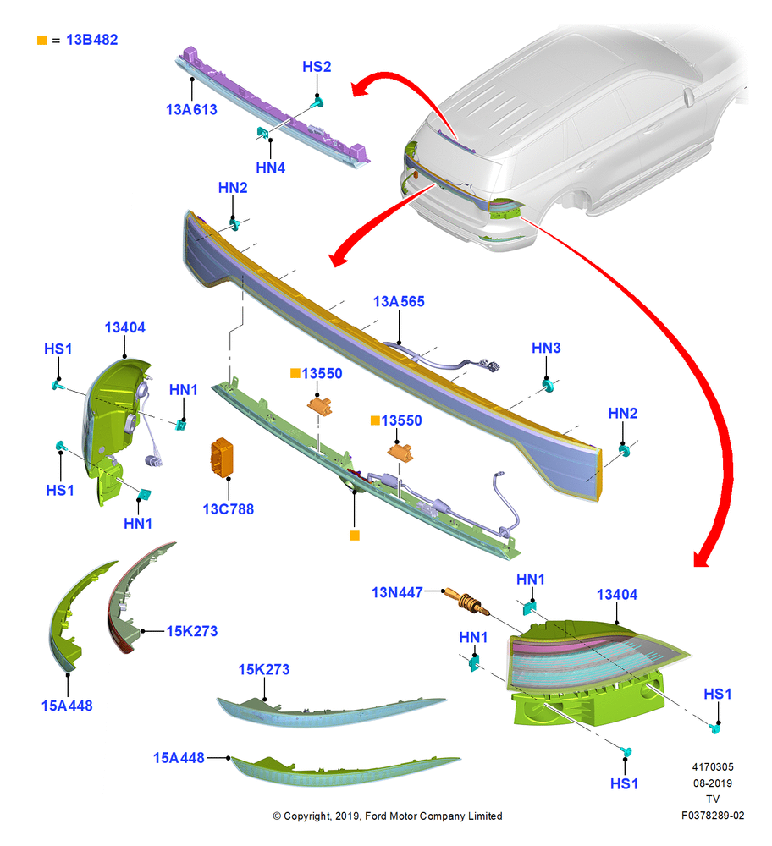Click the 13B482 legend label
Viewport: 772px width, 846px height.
pyautogui.click(x=91, y=40)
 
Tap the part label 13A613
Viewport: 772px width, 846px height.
pyautogui.click(x=191, y=109)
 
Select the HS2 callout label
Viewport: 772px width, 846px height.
pyautogui.click(x=317, y=67)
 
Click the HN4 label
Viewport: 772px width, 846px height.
pyautogui.click(x=271, y=168)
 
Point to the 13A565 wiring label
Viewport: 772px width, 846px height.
pyautogui.click(x=399, y=302)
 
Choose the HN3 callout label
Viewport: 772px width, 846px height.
pyautogui.click(x=546, y=348)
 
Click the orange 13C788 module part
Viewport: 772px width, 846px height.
pyautogui.click(x=221, y=458)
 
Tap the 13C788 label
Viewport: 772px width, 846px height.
pyautogui.click(x=229, y=509)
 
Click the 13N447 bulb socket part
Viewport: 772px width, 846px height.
pyautogui.click(x=467, y=601)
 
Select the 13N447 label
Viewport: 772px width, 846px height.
pyautogui.click(x=397, y=592)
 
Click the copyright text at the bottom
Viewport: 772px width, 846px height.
pyautogui.click(x=388, y=816)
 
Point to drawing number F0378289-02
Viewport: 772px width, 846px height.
pyautogui.click(x=713, y=816)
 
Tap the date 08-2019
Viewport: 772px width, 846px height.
pyautogui.click(x=713, y=783)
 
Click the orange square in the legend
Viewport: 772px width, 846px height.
pyautogui.click(x=42, y=40)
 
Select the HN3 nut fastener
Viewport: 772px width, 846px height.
pyautogui.click(x=549, y=385)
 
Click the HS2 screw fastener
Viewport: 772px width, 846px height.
pyautogui.click(x=317, y=102)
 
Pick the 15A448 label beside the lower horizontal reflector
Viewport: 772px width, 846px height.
pyautogui.click(x=179, y=758)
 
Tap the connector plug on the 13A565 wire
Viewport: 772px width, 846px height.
pyautogui.click(x=491, y=365)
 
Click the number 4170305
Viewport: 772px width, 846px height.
pyautogui.click(x=713, y=767)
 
